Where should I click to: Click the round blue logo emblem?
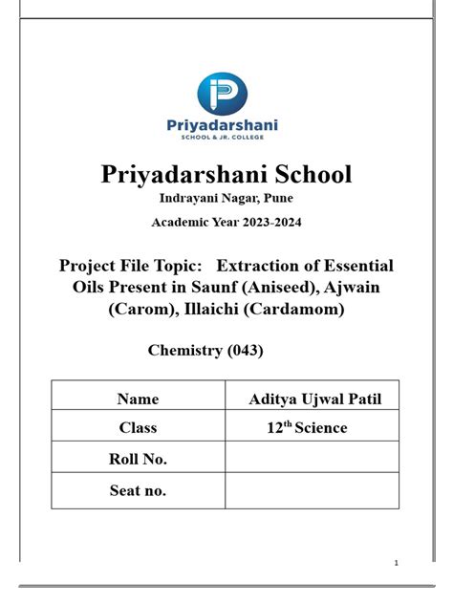223,94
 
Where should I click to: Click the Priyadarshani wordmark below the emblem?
223,125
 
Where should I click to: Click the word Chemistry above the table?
183,351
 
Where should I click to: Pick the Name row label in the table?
138,399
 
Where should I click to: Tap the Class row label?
138,428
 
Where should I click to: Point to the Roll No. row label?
139,460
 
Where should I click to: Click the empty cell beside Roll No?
312,460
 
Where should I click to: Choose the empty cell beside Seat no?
312,491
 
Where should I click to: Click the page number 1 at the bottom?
396,561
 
